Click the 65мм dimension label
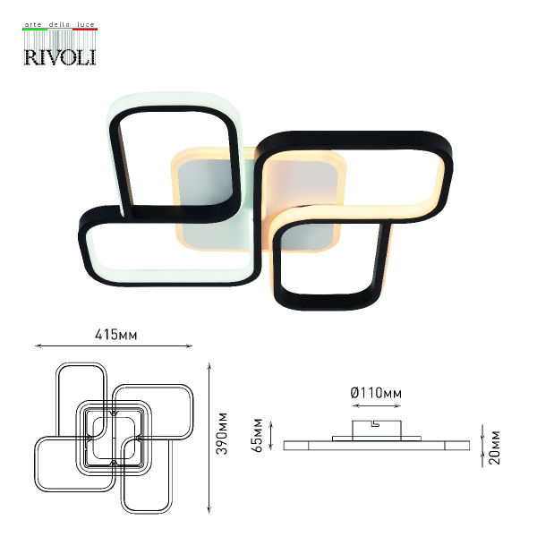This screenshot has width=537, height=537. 258,432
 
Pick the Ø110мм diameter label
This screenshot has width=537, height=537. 376,393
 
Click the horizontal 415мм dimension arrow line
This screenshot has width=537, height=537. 114,346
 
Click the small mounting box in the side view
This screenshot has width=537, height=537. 376,426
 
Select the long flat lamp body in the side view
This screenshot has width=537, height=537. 376,444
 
